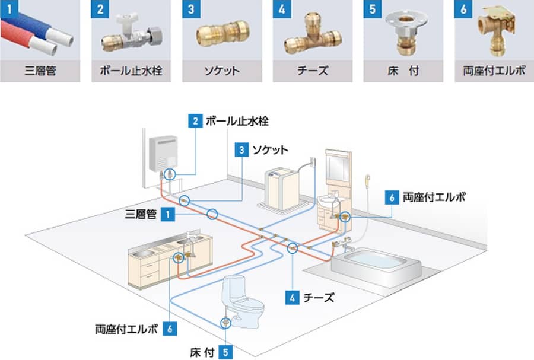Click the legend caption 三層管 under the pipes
coord(40,71)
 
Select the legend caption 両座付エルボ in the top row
coord(494,71)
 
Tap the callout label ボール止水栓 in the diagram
coord(237,121)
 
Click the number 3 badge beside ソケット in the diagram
coord(241,149)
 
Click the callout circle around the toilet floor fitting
coord(225,323)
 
